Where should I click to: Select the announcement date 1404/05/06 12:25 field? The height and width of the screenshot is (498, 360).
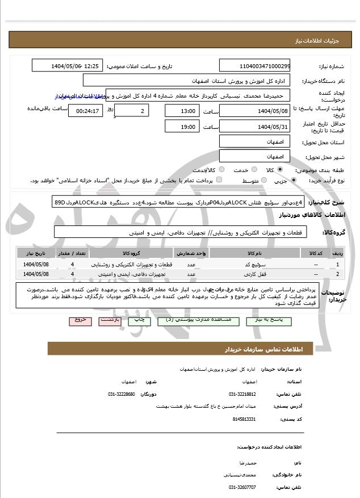tap(67, 66)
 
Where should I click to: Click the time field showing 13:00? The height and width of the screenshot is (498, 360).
tap(182, 111)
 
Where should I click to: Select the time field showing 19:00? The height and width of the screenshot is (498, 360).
tap(182, 127)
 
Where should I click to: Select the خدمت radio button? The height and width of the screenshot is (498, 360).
tap(252, 170)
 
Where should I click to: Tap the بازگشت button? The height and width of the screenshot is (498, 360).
tap(108, 320)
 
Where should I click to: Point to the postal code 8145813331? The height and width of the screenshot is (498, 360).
tap(244, 419)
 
